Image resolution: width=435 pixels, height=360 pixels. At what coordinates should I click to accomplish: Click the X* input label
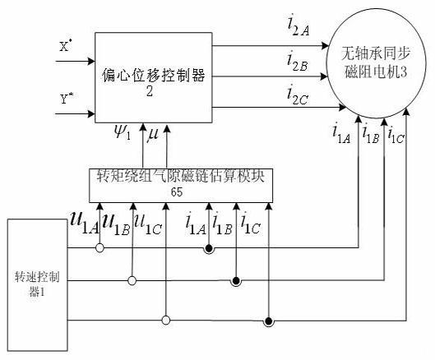(66, 46)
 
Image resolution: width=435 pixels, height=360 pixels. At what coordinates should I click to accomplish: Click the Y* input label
(67, 98)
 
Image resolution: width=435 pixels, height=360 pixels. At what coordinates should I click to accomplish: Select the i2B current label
(297, 62)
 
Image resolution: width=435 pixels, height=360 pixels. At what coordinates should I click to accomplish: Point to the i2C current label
(298, 95)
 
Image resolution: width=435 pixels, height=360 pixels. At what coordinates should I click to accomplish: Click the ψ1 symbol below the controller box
(122, 133)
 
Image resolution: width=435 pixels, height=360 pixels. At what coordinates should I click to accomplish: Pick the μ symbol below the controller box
(153, 134)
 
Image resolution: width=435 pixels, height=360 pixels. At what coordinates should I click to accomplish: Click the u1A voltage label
(85, 223)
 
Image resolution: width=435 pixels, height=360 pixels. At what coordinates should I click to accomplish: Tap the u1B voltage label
(116, 224)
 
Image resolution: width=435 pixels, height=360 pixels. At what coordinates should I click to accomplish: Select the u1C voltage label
(148, 224)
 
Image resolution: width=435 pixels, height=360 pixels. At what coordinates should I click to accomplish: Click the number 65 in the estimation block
(177, 192)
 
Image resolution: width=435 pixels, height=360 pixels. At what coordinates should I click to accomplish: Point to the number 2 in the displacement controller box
(150, 91)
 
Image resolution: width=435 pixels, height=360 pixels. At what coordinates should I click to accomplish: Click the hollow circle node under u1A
(99, 247)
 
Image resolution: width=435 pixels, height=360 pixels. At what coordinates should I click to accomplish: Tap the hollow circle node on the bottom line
(166, 321)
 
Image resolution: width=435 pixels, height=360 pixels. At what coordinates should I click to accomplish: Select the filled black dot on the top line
(209, 248)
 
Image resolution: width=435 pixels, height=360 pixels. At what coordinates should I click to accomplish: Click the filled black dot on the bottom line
(268, 321)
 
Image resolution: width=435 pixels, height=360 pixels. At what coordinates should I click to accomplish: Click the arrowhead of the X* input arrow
(91, 61)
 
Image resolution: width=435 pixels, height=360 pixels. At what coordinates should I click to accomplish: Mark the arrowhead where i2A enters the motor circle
(325, 46)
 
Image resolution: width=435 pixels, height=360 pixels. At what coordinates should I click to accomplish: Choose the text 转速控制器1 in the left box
(37, 284)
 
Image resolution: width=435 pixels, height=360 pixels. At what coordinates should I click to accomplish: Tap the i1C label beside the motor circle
(396, 136)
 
